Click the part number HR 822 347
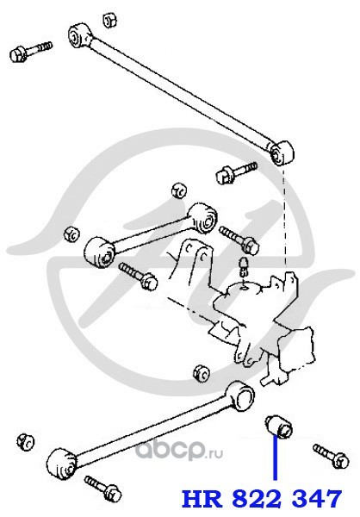(x=262, y=499)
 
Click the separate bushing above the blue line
(x=279, y=427)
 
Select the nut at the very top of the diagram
(x=110, y=21)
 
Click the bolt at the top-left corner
(x=31, y=52)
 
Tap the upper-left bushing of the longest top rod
(x=79, y=35)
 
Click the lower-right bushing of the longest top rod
(x=282, y=153)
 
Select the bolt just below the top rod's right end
(x=236, y=172)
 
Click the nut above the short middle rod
(x=179, y=190)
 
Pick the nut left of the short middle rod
(x=71, y=234)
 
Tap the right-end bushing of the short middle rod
(x=203, y=217)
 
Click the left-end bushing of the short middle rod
(x=99, y=252)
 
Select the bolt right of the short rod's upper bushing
(x=239, y=240)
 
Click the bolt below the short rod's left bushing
(x=138, y=277)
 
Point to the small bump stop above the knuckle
(x=243, y=265)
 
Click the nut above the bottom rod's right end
(x=201, y=373)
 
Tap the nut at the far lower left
(x=26, y=441)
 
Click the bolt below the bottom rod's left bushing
(x=103, y=489)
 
